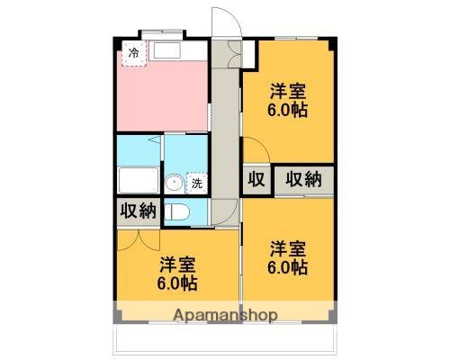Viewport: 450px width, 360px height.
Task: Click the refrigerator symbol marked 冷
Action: pyautogui.click(x=134, y=54)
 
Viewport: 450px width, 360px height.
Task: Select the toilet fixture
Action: pyautogui.click(x=178, y=211)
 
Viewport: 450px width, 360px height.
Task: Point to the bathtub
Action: pyautogui.click(x=138, y=180)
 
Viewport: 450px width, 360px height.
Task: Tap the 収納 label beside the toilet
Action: pyautogui.click(x=137, y=211)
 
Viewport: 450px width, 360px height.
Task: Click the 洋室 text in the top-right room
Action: pyautogui.click(x=288, y=91)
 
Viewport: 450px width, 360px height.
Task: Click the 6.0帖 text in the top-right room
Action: pyautogui.click(x=288, y=111)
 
